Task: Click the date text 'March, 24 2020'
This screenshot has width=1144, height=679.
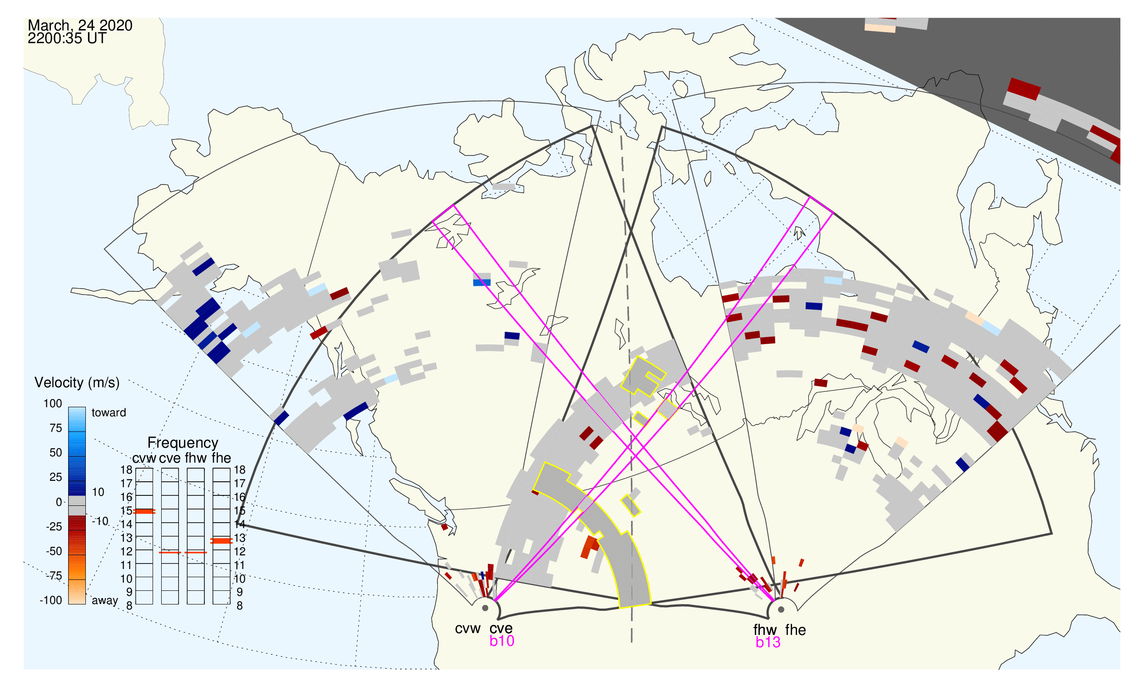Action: point(80,25)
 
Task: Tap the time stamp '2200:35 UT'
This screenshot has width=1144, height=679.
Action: point(67,39)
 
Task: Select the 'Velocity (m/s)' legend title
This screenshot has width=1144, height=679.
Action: point(77,383)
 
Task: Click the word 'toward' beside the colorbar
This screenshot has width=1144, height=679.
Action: point(109,413)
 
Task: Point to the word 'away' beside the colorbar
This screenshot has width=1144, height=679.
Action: point(105,601)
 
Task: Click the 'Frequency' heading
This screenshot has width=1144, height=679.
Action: point(183,443)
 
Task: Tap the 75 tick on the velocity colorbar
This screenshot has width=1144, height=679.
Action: point(56,428)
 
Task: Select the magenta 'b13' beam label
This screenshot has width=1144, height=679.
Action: point(768,643)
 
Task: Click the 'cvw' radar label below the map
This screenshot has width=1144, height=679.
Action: point(468,629)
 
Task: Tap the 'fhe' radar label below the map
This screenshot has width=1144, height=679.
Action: point(796,630)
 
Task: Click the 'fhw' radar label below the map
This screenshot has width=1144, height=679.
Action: point(765,630)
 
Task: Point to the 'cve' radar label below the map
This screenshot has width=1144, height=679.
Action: point(501,629)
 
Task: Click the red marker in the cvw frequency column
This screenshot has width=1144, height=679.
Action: point(144,512)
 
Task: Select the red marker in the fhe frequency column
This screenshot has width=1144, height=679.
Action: point(221,541)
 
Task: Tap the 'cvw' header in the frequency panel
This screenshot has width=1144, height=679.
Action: point(144,459)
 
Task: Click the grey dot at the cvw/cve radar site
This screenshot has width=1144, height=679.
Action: point(485,609)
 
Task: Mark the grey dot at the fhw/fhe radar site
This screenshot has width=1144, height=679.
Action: point(782,610)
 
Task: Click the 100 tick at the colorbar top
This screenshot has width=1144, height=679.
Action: point(53,404)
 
